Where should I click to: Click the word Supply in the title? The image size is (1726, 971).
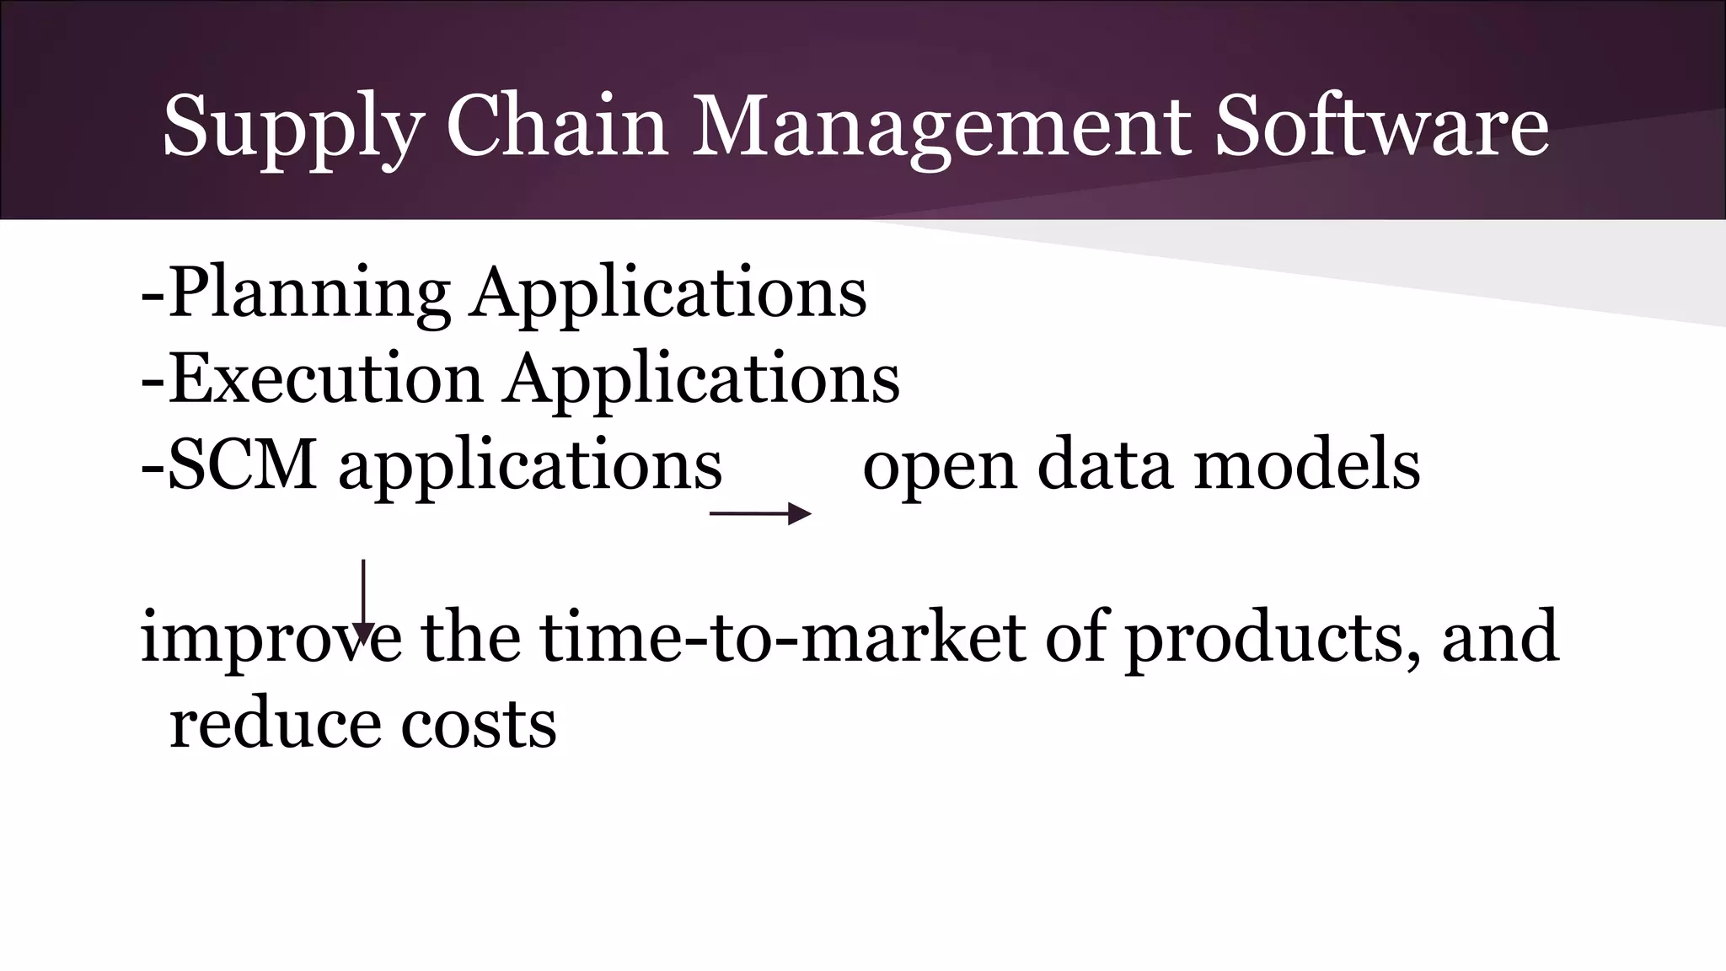(x=291, y=126)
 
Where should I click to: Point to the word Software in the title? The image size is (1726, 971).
(x=1381, y=126)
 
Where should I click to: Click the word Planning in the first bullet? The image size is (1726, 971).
(x=308, y=293)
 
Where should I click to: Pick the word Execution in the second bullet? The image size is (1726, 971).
(x=325, y=379)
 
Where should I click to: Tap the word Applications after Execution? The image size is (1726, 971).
(x=702, y=379)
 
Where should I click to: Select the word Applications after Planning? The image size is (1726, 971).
(x=668, y=293)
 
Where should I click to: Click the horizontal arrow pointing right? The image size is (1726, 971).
(x=760, y=513)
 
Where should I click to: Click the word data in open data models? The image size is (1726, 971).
(x=1105, y=464)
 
